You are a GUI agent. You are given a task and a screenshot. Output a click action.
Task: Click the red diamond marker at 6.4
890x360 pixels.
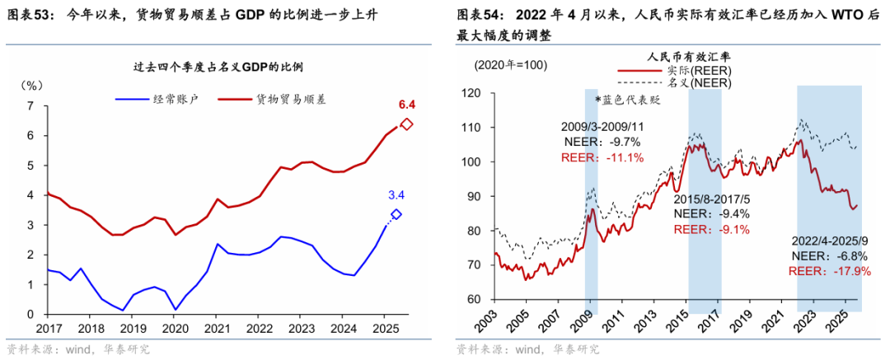406,124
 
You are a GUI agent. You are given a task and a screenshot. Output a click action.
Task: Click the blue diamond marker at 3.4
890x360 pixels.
396,214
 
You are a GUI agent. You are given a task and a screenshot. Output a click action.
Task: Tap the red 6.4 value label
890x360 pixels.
406,105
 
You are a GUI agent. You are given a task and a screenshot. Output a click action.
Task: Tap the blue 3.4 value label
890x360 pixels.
397,195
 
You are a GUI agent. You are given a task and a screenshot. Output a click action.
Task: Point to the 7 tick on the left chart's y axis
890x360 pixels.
30,106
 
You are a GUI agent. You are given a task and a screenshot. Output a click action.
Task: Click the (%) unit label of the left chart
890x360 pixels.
30,85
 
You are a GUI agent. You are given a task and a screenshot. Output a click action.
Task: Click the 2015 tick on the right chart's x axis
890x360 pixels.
690,328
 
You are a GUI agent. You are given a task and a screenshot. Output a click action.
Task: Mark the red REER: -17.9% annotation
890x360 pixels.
829,270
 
